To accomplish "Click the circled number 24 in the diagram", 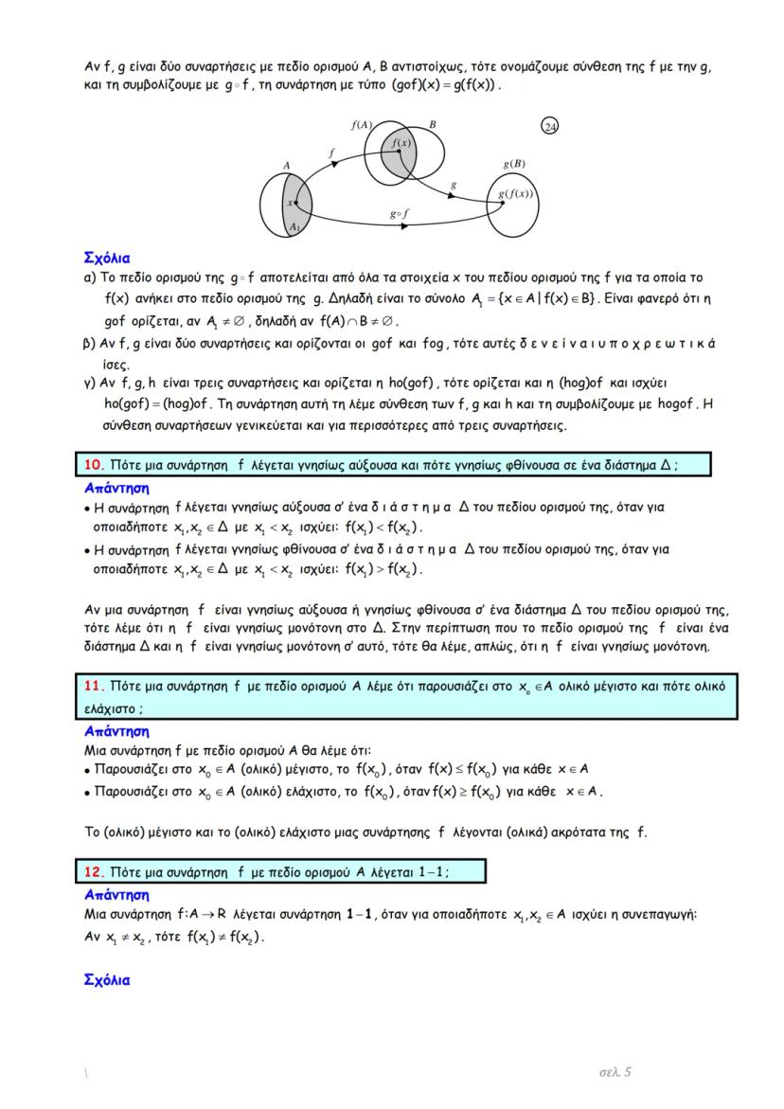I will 549,127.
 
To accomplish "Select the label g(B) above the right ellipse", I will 514,163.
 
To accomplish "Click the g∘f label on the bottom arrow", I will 399,213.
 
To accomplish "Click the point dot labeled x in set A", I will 296,202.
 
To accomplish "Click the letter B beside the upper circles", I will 432,124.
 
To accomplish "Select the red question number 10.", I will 93,465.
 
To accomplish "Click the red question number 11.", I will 93,686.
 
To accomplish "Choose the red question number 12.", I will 93,869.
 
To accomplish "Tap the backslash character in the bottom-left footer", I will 86,1074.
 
